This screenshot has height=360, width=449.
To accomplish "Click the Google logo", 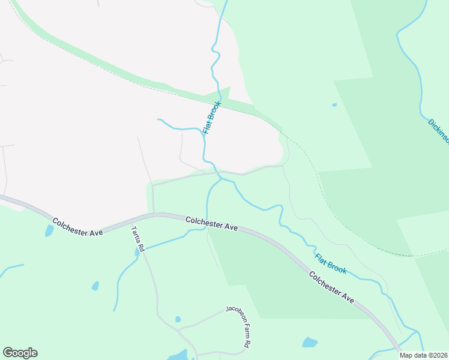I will point(20,353).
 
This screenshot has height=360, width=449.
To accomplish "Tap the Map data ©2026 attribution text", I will point(423,355).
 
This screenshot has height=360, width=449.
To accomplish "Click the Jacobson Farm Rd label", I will point(238,326).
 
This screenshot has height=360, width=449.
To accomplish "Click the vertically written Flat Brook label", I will point(212,117).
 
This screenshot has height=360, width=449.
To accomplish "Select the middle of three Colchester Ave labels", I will point(211,223).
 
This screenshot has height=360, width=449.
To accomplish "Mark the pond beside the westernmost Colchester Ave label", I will point(49,230).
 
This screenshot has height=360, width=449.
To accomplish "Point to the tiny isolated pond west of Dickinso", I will point(334,105).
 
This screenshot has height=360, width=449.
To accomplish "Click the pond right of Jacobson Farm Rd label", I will point(309,343).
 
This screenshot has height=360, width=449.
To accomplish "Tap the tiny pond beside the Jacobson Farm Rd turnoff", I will point(178,319).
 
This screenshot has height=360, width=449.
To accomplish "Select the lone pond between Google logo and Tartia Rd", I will point(95,286).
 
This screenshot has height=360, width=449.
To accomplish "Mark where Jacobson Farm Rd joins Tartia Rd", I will point(178,329).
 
